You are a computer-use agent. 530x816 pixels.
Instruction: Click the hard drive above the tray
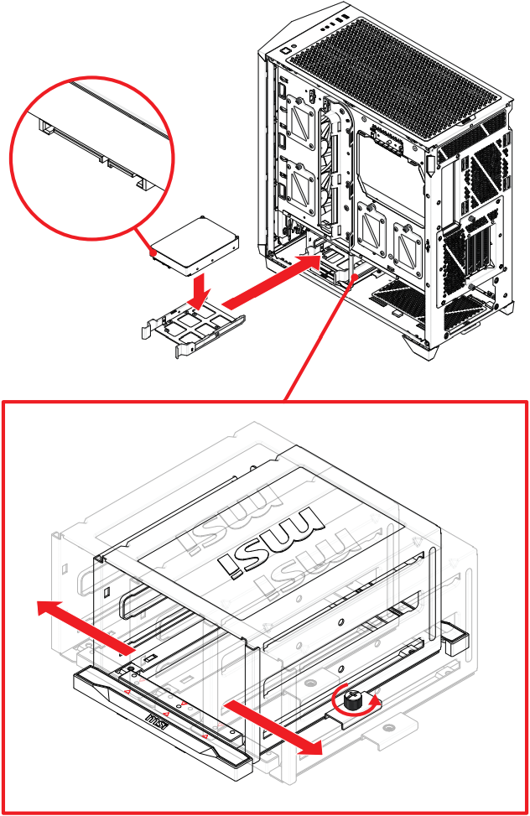pos(194,244)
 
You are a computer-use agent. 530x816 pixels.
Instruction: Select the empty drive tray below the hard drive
pos(195,323)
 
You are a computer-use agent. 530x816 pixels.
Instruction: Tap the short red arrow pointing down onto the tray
pos(200,291)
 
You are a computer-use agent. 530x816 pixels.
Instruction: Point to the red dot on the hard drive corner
pos(153,251)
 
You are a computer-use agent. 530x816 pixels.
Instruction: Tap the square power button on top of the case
pos(288,49)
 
